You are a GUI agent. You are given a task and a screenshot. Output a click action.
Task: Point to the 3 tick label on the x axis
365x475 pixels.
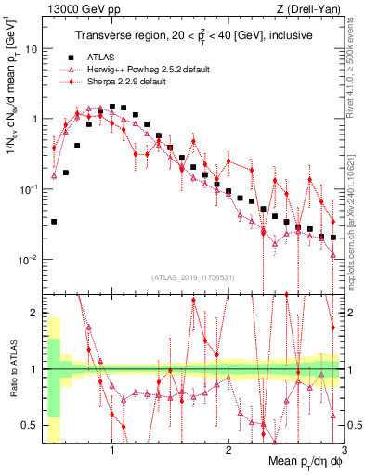point(343,451)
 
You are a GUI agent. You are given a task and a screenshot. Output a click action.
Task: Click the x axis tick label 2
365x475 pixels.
point(228,451)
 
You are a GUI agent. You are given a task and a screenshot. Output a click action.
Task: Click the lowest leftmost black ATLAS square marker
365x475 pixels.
point(54,222)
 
